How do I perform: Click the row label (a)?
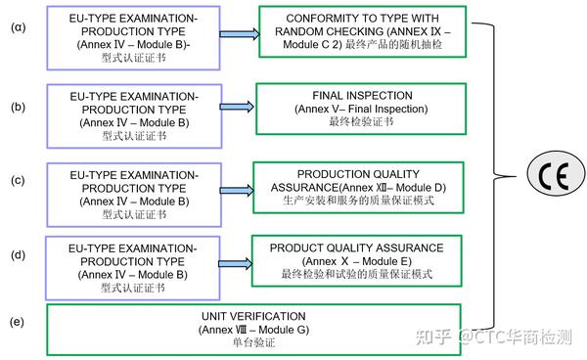tap(18, 26)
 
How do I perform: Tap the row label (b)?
tap(18, 101)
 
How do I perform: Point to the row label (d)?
tap(18, 256)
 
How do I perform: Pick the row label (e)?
tap(18, 321)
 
